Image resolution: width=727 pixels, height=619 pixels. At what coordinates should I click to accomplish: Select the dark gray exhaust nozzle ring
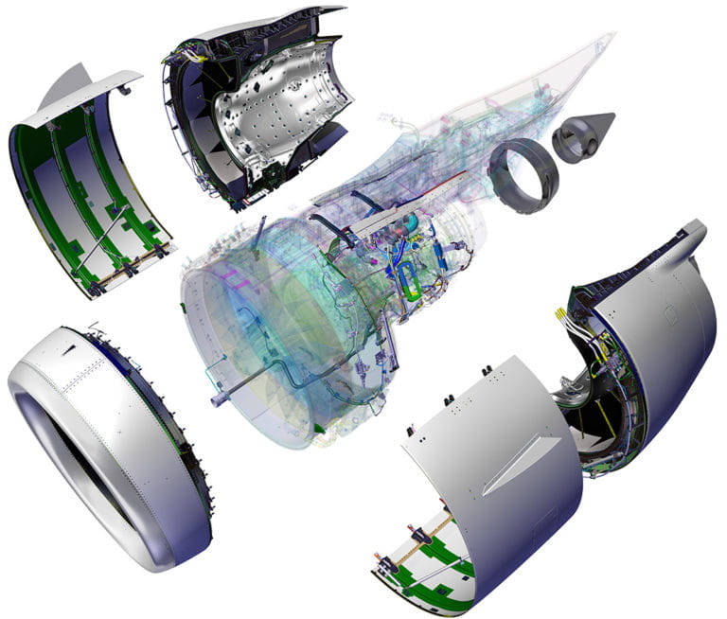click(523, 173)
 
